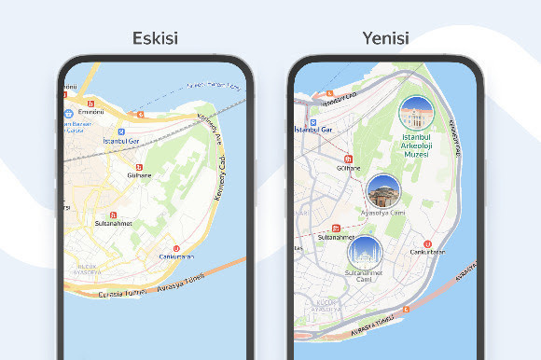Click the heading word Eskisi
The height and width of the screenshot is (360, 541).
(156, 39)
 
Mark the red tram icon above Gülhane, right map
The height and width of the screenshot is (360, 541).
(348, 159)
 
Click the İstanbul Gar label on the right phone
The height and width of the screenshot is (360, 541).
(314, 129)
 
